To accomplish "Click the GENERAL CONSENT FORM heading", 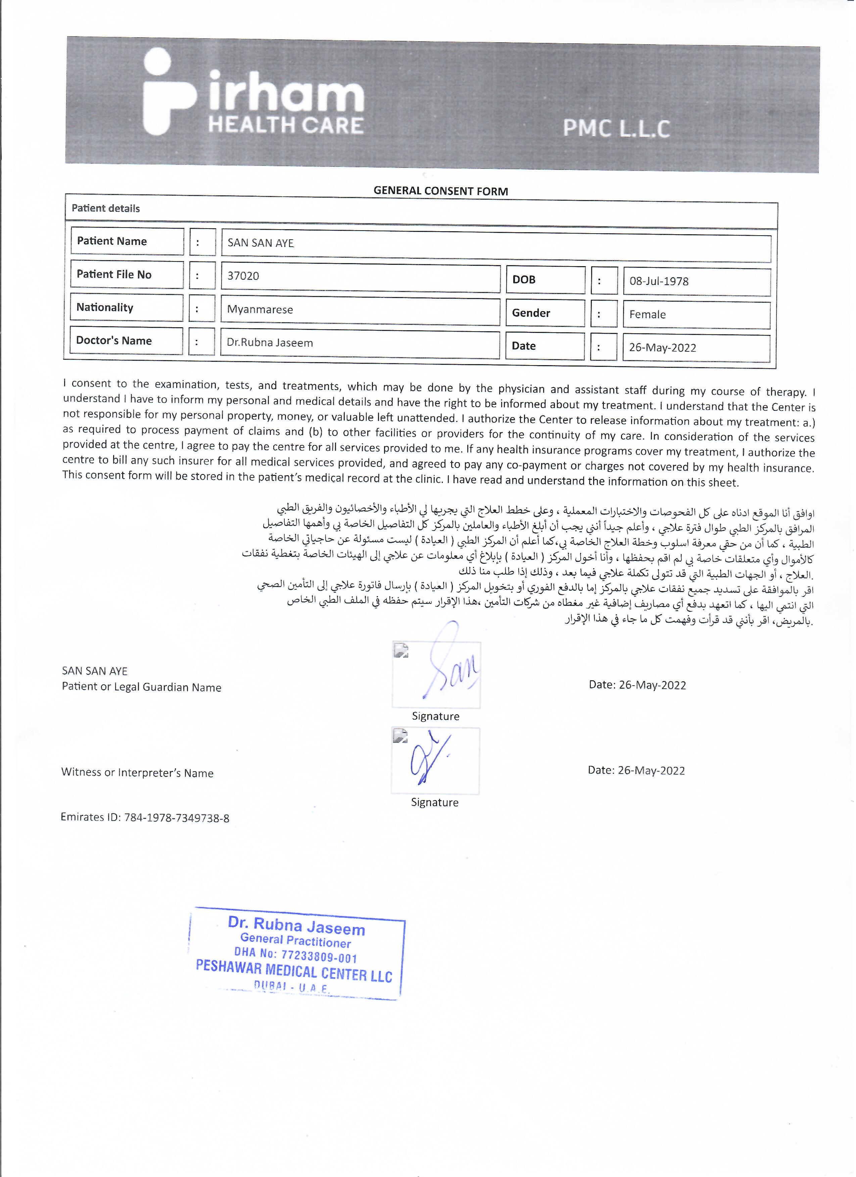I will tap(441, 191).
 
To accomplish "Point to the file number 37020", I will tap(243, 276).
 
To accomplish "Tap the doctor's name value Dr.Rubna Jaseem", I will tap(270, 343).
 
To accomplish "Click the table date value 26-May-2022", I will tap(662, 348).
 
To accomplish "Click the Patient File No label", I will tap(114, 275).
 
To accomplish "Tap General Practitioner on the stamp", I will tap(295, 940).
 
